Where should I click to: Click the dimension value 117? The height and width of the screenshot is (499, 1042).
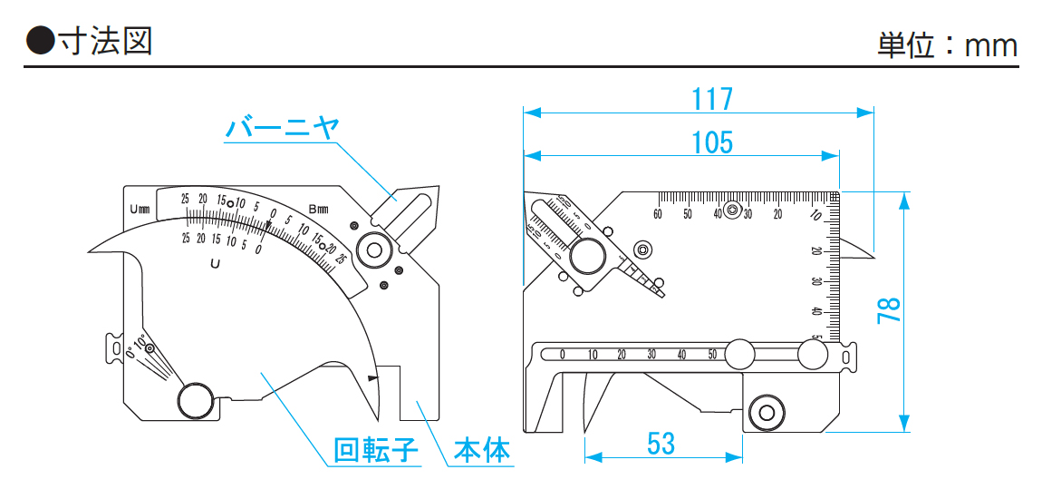[x=711, y=99]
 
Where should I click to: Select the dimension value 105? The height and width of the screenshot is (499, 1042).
[x=711, y=142]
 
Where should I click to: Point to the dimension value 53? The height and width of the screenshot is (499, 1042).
[x=661, y=444]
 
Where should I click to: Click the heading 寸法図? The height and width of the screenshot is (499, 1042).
[x=104, y=41]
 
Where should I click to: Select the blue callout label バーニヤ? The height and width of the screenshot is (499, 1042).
[x=282, y=129]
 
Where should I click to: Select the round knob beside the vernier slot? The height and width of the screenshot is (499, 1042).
[x=371, y=249]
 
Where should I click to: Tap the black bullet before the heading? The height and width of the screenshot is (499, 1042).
[x=41, y=41]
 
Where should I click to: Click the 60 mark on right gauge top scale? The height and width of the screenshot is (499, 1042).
[x=658, y=214]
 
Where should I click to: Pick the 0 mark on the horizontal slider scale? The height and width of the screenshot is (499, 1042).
[x=563, y=355]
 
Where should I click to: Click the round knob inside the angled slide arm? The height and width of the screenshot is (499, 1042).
[x=587, y=256]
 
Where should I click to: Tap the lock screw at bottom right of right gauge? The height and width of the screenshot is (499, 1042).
[x=767, y=413]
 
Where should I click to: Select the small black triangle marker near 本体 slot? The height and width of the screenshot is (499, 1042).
[x=371, y=377]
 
